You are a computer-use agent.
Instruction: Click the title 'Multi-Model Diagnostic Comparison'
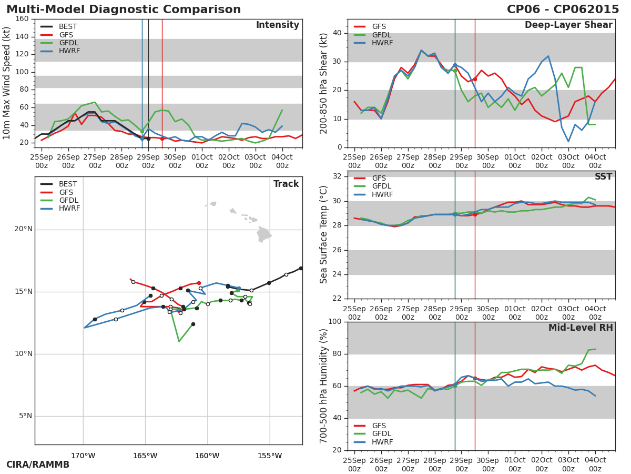(124, 9)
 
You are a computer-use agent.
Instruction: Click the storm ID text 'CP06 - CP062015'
(563, 9)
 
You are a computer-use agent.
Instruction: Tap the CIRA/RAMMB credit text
(38, 465)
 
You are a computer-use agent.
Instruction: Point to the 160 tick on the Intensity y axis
(22, 19)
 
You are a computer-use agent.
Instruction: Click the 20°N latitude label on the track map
(23, 229)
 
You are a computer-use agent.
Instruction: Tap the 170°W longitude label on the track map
(83, 456)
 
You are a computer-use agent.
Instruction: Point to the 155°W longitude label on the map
(270, 456)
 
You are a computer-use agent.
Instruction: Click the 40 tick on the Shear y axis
(337, 33)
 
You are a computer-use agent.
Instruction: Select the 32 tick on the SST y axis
(337, 176)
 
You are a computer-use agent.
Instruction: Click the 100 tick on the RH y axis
(335, 322)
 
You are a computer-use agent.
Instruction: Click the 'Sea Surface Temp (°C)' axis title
(324, 234)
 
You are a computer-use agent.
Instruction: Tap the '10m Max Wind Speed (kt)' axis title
(7, 83)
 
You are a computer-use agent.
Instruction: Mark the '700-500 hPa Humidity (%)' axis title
(324, 386)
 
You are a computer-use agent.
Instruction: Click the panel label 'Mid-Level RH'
(581, 328)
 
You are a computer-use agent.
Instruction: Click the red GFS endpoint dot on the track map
(199, 283)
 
